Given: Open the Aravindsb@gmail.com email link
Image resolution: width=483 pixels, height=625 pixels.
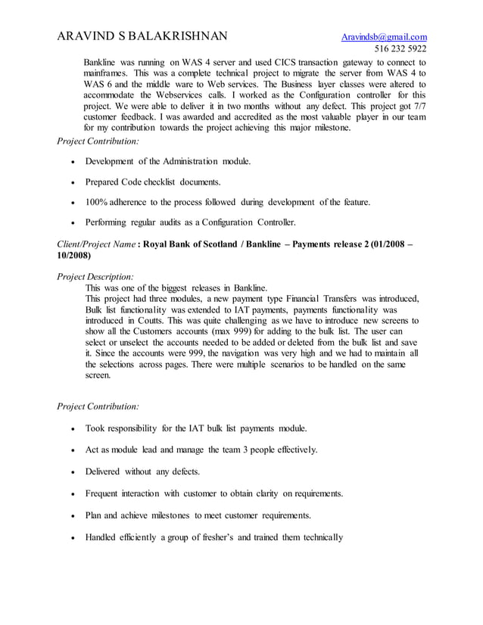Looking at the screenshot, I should (x=384, y=37).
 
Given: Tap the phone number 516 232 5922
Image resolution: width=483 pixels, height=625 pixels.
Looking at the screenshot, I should (x=400, y=49).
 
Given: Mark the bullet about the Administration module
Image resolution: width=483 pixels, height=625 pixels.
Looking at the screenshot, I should (x=167, y=161).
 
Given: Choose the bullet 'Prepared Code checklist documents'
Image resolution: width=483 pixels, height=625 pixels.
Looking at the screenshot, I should (x=153, y=182).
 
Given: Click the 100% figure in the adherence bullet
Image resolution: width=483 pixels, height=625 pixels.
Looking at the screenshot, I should (x=98, y=202).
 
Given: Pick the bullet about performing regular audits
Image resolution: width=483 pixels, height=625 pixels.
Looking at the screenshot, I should (x=190, y=222).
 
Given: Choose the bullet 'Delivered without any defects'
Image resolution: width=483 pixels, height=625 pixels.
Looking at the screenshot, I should (x=142, y=471).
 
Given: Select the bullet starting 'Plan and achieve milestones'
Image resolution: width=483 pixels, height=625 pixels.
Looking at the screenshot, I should (x=198, y=515).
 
